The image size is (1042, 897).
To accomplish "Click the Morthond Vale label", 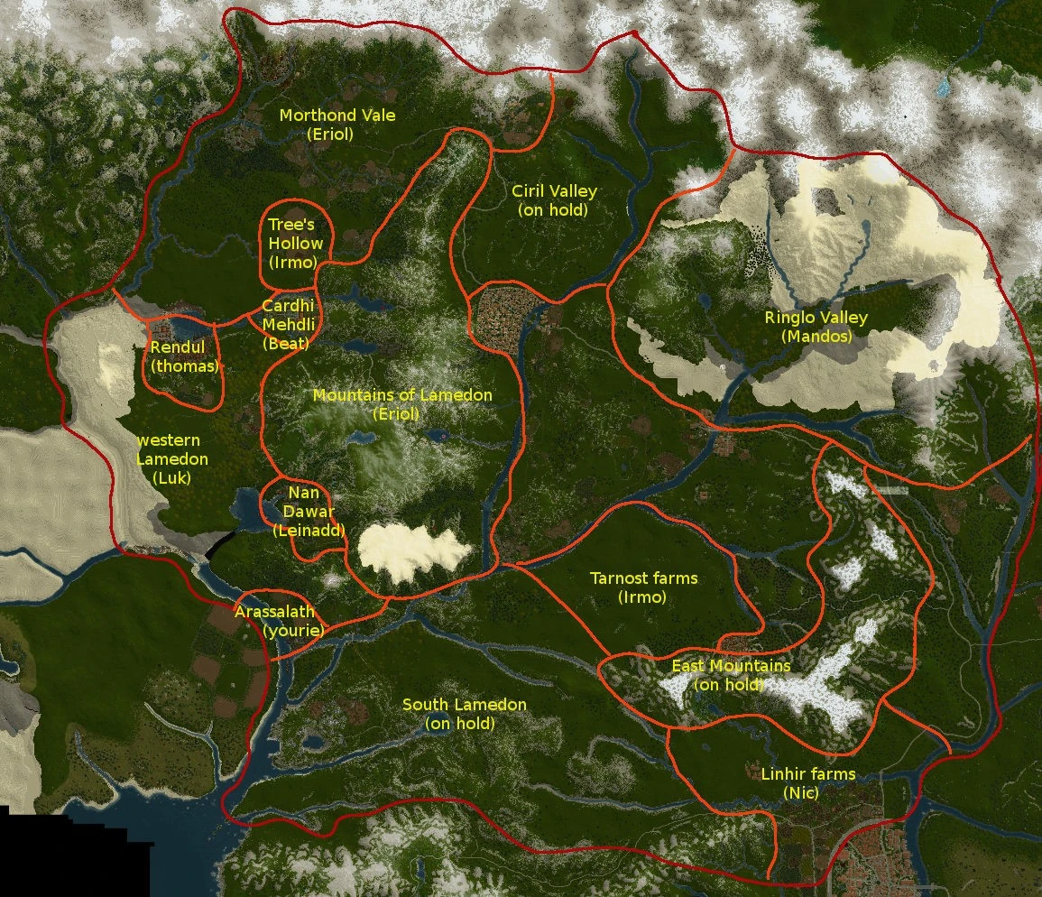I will (337, 116).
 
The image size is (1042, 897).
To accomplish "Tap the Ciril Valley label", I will (554, 191).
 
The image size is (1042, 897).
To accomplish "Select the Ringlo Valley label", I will (816, 318).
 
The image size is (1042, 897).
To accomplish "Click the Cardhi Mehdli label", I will (288, 315).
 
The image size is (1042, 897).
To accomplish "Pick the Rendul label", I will (178, 347).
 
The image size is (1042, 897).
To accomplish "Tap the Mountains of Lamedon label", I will (402, 395).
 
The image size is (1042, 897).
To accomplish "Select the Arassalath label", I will (274, 612).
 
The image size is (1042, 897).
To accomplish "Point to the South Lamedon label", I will (464, 704).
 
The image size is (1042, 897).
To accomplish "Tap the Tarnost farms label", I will (643, 578).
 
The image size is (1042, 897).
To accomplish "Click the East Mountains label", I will (731, 666).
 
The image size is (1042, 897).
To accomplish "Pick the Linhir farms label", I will (807, 774).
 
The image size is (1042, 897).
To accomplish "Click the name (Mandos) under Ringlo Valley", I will (816, 337).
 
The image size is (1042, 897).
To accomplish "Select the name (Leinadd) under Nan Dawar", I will (309, 532).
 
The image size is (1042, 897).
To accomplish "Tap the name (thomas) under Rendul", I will (185, 366).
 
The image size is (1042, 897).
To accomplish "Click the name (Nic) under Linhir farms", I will (800, 793).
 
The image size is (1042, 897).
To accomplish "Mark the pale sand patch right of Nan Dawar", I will (413, 550).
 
